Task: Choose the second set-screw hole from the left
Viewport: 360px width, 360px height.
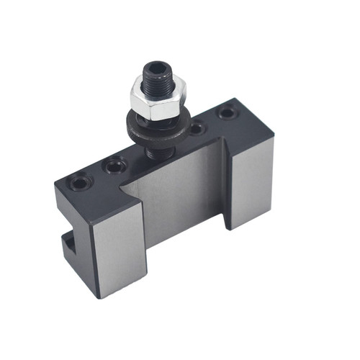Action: (113, 167)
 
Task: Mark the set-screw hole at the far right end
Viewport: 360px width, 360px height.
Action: (227, 113)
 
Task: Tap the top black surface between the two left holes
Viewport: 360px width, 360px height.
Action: (96, 176)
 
